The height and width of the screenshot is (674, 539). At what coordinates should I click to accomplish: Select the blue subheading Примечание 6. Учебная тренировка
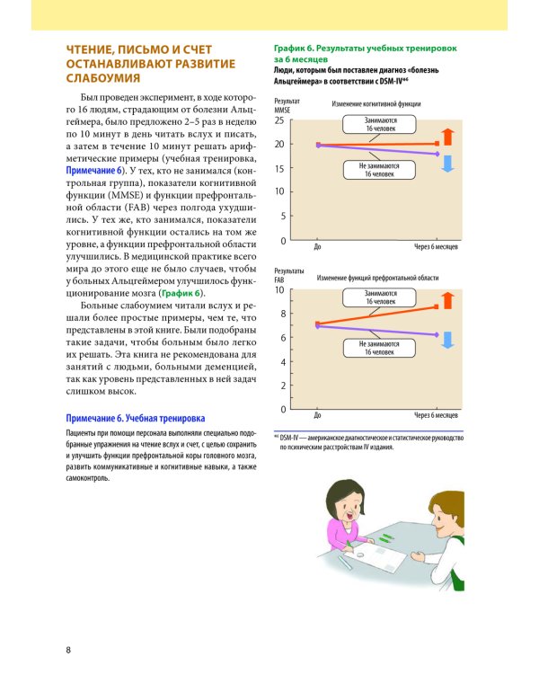point(135,419)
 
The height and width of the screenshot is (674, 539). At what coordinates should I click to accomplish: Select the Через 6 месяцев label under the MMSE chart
point(437,247)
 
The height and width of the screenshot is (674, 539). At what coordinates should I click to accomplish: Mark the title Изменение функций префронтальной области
point(377,279)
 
